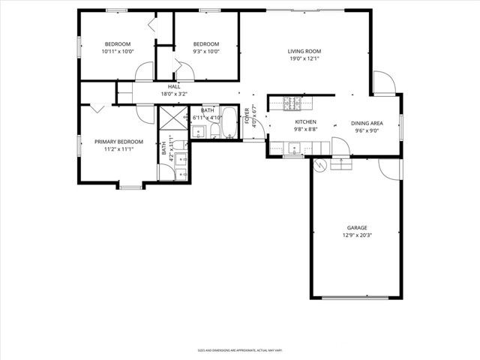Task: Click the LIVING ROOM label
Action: (304, 51)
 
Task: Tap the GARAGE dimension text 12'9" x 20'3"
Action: (357, 235)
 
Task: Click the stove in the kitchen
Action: (290, 102)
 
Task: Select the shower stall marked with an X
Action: (173, 118)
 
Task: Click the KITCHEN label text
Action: (305, 122)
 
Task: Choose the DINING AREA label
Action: (367, 123)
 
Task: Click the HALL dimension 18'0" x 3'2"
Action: (173, 94)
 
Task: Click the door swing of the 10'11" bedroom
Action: (142, 73)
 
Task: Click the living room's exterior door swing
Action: (382, 83)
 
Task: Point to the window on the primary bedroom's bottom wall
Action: (130, 186)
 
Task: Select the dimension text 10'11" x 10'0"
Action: (118, 52)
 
